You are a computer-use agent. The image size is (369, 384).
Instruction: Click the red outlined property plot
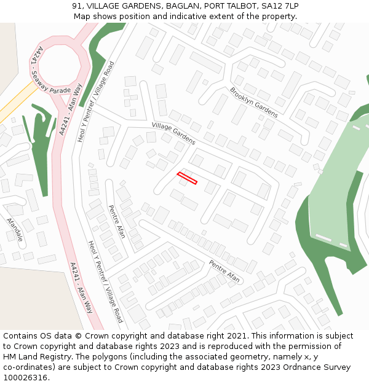(187, 178)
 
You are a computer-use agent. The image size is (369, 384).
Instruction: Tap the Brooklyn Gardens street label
(254, 102)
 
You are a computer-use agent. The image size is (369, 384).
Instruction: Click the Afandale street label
(14, 229)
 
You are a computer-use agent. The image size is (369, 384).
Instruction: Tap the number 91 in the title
(77, 6)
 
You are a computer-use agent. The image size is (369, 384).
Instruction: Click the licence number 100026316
(25, 378)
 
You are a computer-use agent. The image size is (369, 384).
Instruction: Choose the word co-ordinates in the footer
(28, 367)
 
